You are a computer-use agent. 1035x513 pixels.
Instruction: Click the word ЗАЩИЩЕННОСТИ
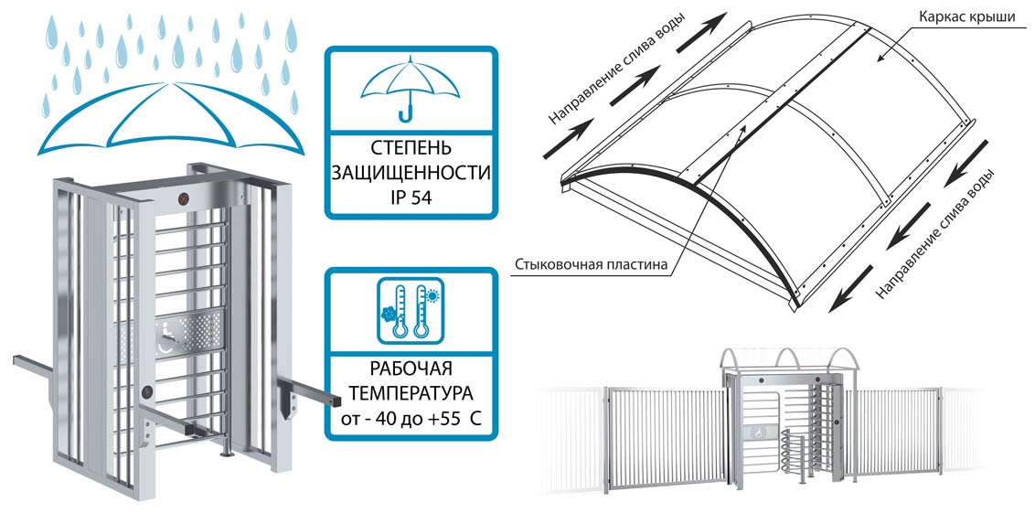pos(411,171)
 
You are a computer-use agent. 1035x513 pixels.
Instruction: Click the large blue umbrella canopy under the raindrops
pos(171,119)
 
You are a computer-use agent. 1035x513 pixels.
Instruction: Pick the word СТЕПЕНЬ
pos(411,147)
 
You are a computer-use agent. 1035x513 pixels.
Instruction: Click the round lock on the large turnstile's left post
pos(145,393)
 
